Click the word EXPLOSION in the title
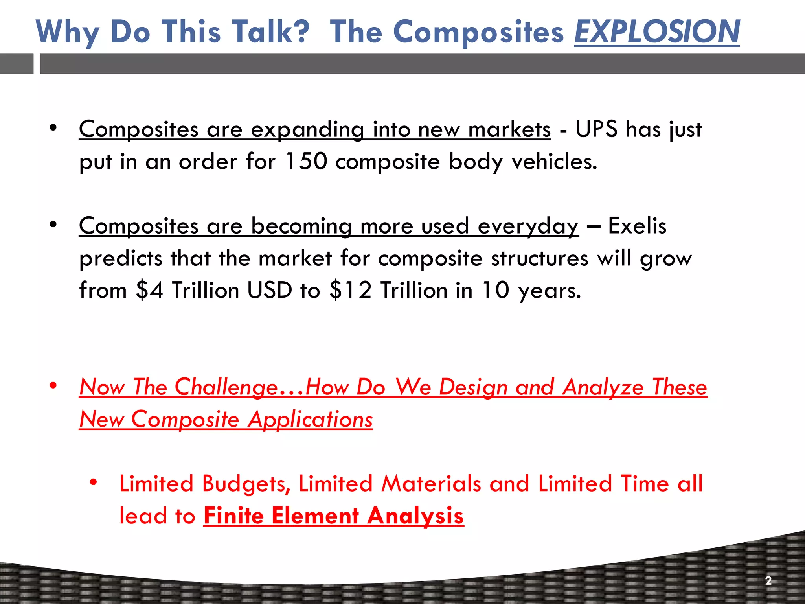[x=657, y=31]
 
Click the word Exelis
[x=637, y=226]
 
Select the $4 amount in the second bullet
[x=149, y=290]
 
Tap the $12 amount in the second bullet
[x=351, y=290]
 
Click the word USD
[x=270, y=290]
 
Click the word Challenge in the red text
[x=226, y=387]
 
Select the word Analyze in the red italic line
[x=603, y=387]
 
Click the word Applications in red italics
[x=310, y=419]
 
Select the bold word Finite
[x=233, y=516]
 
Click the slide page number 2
[x=768, y=580]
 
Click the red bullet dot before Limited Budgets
[x=93, y=482]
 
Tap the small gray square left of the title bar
[x=17, y=64]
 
